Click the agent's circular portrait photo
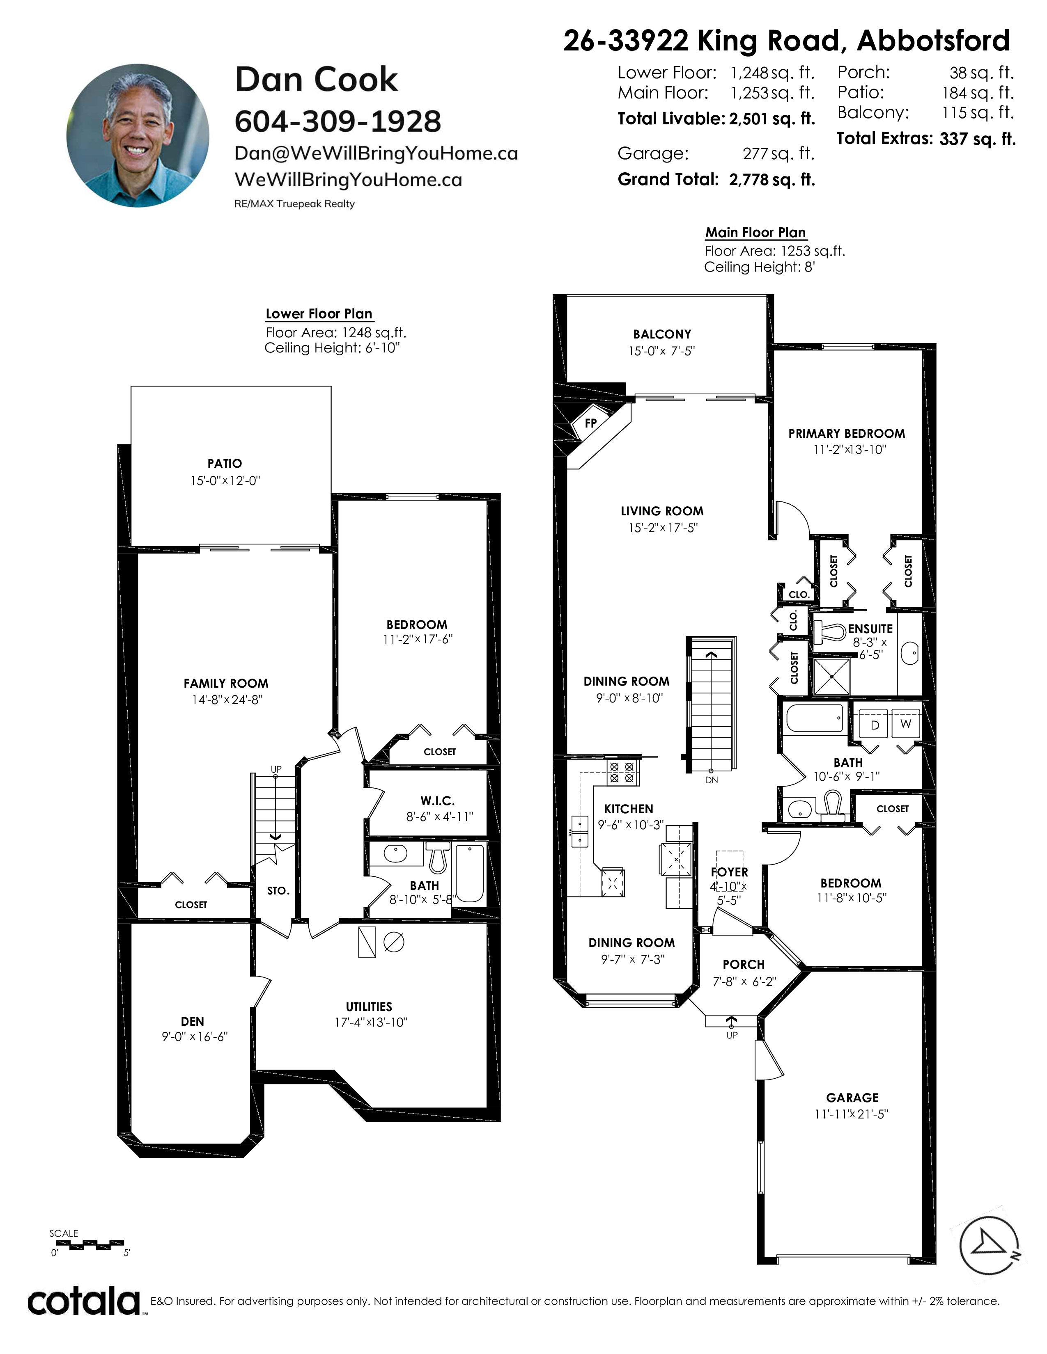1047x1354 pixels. [138, 135]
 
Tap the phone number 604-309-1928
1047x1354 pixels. [338, 121]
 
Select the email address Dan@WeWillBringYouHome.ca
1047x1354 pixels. [376, 154]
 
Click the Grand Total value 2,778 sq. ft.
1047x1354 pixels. [771, 180]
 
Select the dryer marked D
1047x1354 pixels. [875, 725]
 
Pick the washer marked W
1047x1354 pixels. [906, 724]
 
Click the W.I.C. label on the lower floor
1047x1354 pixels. [437, 801]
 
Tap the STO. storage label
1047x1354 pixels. [278, 891]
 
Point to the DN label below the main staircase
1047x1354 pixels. [712, 780]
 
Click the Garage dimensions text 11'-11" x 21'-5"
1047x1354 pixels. [851, 1114]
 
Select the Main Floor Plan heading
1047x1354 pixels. [755, 233]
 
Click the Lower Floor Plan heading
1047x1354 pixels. [319, 314]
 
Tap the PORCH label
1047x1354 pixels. [743, 965]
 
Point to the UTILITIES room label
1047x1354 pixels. [369, 1007]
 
